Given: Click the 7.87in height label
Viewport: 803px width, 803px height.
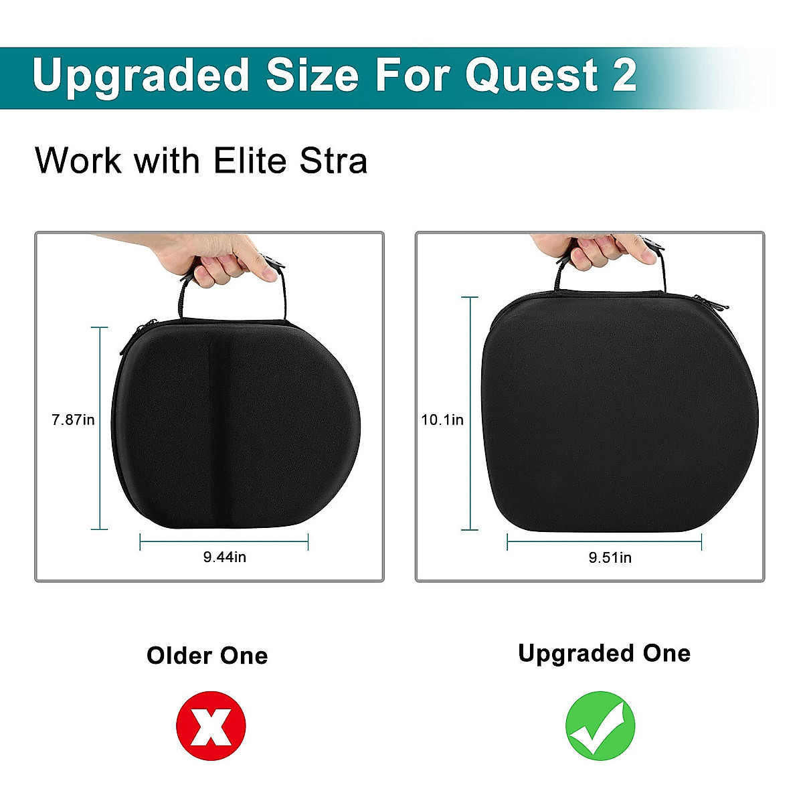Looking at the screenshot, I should [x=73, y=420].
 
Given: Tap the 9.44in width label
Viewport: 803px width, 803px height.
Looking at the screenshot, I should [x=225, y=557].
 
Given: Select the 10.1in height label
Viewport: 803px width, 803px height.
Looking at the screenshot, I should [x=442, y=420].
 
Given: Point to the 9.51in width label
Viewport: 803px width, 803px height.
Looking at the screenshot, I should [x=610, y=557].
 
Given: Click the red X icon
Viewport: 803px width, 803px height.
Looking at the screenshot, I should [x=211, y=727].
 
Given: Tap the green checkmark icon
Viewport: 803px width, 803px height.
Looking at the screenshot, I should [x=600, y=727].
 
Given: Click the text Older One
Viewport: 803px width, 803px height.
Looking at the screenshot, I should [x=207, y=656].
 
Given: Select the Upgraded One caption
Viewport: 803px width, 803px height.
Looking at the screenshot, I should [x=604, y=653].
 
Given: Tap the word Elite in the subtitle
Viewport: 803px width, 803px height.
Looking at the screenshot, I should [x=252, y=161].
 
